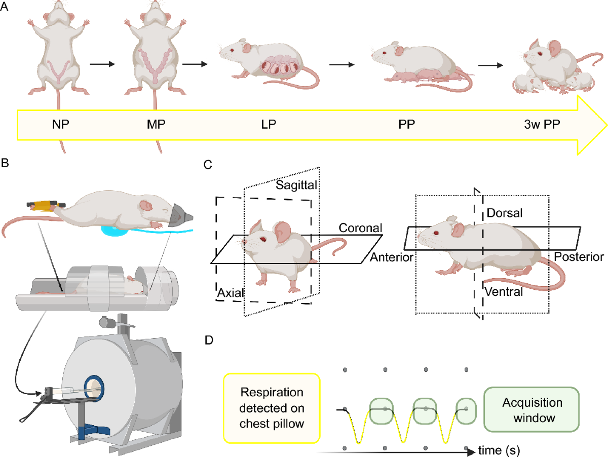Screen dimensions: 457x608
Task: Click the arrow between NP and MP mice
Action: [100, 64]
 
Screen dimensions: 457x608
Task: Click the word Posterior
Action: [579, 257]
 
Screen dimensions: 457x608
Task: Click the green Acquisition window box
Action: [532, 409]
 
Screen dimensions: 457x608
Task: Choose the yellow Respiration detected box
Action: [271, 409]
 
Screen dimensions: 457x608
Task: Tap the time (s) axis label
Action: [499, 449]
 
